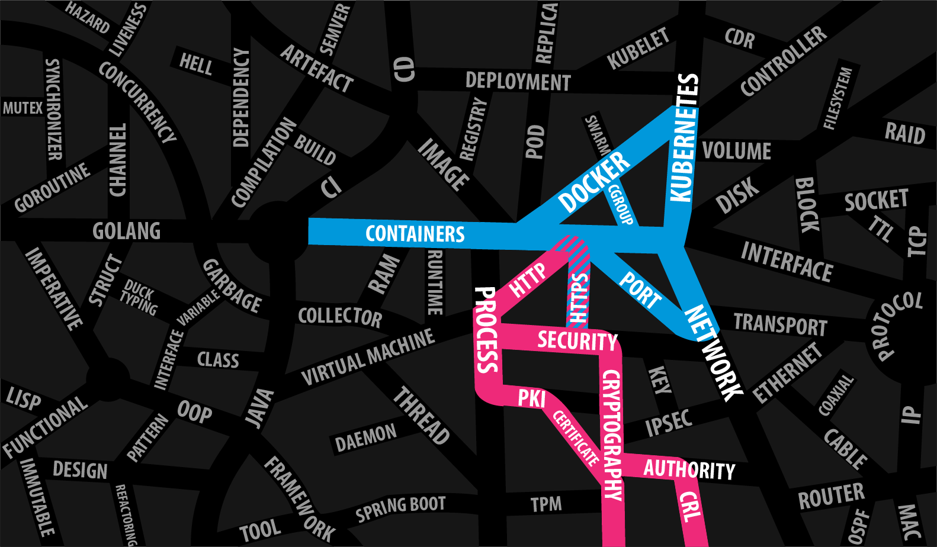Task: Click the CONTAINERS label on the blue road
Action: (x=415, y=234)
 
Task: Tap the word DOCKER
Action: (x=594, y=182)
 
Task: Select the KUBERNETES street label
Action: (x=684, y=138)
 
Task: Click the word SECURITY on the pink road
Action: (x=577, y=342)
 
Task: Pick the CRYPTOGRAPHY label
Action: (x=612, y=435)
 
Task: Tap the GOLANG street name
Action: (x=126, y=231)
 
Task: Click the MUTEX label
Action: (x=23, y=108)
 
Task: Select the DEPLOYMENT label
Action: (x=518, y=81)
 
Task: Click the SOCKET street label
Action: (x=876, y=201)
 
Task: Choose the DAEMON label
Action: (x=365, y=437)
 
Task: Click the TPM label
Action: (x=545, y=504)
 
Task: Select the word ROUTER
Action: (x=831, y=496)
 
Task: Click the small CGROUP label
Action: (x=621, y=204)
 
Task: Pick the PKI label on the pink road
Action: (x=531, y=398)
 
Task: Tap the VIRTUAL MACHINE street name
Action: (x=367, y=357)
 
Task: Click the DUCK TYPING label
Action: (x=139, y=297)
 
